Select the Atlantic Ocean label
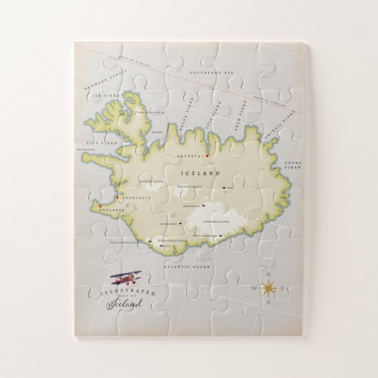(188, 266)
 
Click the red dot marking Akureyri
(207, 155)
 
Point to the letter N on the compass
(268, 274)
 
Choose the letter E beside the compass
(283, 289)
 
